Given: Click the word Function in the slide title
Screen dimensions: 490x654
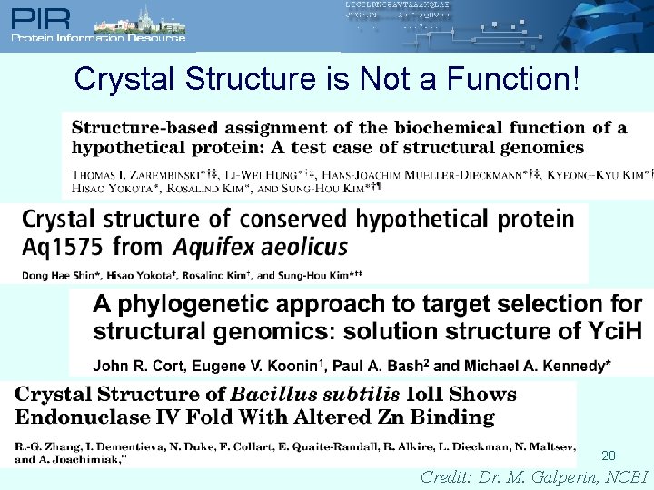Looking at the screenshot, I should click(510, 80).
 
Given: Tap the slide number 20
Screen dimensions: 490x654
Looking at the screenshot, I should click(608, 456).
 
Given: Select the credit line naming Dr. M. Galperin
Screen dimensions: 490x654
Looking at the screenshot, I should click(535, 477).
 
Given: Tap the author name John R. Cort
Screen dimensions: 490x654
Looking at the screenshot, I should click(135, 367).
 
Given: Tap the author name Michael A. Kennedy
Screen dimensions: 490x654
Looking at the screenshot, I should click(537, 367).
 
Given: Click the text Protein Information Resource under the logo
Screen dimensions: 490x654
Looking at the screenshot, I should click(98, 38).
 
